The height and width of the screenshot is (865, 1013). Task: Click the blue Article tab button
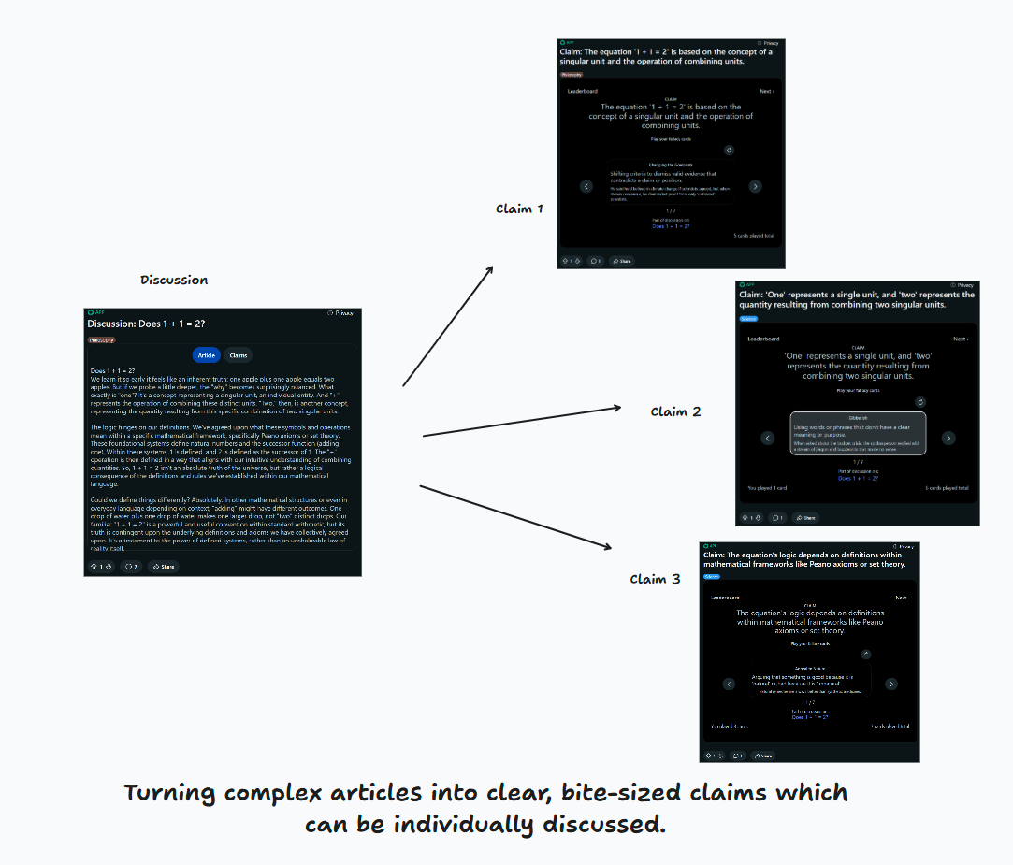pos(207,355)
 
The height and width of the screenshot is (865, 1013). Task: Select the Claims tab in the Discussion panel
pos(239,355)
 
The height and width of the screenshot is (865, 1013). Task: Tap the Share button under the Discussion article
pos(163,566)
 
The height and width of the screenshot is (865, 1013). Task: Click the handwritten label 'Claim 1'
pos(519,209)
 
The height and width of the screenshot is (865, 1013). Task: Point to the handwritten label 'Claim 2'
pos(675,411)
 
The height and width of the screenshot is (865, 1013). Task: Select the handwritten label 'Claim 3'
pos(655,579)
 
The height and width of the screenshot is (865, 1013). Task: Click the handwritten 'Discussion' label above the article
pos(174,280)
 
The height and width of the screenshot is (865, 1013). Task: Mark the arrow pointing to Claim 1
pos(449,324)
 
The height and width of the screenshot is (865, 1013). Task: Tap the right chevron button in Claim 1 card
pos(756,186)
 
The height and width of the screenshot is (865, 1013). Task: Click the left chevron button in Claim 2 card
pos(767,438)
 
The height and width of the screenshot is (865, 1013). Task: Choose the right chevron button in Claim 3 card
pos(891,684)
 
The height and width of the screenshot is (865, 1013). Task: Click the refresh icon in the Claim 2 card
pos(920,402)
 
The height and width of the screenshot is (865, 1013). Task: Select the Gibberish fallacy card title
pos(859,418)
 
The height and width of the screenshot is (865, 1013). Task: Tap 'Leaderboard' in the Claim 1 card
pos(583,91)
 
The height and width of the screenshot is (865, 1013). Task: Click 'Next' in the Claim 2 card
pos(961,339)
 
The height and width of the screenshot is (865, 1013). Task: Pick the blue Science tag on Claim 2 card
pos(748,319)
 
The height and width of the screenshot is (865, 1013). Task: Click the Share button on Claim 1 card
pos(622,261)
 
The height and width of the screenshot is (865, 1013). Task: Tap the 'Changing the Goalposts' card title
pos(671,165)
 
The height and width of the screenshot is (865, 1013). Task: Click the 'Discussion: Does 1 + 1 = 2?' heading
pos(146,324)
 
